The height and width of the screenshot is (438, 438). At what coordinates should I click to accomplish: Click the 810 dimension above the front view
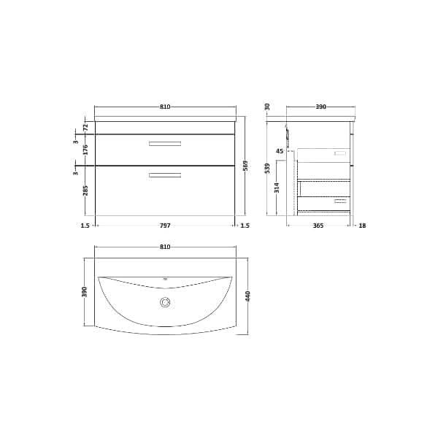tap(165, 107)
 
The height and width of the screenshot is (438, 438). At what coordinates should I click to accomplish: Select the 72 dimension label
tap(85, 127)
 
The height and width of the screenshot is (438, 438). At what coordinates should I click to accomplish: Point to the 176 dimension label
tap(85, 150)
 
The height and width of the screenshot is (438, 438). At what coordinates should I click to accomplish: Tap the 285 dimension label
tap(85, 191)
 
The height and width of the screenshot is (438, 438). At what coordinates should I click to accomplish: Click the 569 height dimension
tap(247, 166)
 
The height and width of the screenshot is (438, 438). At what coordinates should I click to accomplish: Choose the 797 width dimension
tap(165, 226)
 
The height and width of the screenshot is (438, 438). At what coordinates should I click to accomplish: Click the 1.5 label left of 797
tap(85, 226)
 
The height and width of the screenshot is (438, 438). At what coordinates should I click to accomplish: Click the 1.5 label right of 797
tap(245, 226)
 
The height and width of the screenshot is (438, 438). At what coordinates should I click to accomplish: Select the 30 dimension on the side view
tap(268, 107)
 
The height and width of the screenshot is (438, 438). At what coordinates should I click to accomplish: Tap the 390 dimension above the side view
tap(320, 107)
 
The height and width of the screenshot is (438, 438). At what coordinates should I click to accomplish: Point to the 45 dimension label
tap(279, 151)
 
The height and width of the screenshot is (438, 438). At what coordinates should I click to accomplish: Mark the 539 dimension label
tap(268, 169)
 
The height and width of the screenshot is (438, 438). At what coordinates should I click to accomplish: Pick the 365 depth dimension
tap(318, 226)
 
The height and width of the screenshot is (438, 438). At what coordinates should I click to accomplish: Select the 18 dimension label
tap(362, 226)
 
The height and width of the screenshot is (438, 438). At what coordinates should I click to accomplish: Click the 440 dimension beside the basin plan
tap(248, 296)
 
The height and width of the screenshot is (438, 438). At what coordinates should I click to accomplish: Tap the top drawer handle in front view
tap(165, 144)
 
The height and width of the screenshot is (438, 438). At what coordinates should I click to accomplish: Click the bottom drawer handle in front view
tap(165, 174)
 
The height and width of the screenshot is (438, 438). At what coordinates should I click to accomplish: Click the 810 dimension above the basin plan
tap(165, 247)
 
